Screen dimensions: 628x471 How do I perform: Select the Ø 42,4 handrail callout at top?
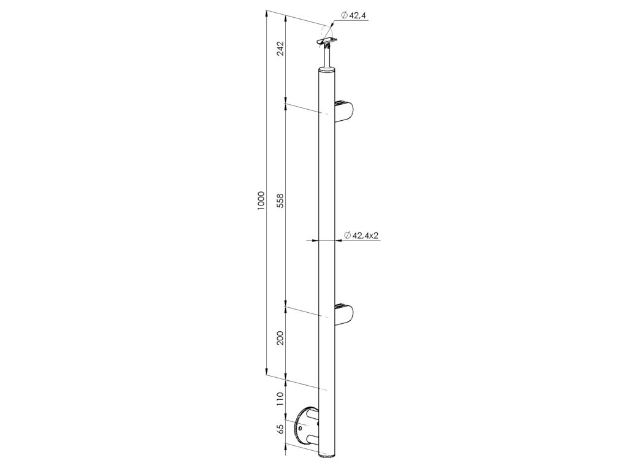(x=354, y=15)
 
